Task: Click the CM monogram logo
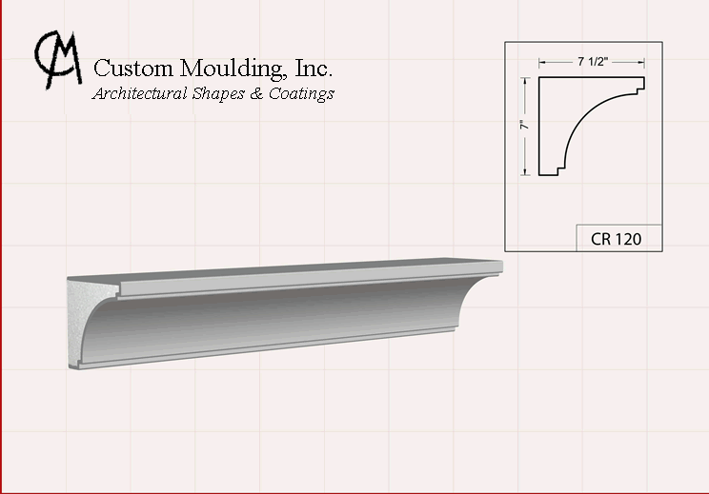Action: point(58,59)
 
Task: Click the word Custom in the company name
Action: point(133,69)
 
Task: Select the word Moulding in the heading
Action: point(233,69)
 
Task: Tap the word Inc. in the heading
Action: point(314,68)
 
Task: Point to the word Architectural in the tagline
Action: point(140,93)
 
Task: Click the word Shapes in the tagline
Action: point(218,94)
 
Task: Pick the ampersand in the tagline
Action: point(256,93)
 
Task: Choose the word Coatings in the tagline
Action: point(301,94)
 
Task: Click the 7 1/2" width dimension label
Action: point(593,62)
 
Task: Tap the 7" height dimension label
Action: point(524,125)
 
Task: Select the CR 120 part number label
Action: point(616,239)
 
